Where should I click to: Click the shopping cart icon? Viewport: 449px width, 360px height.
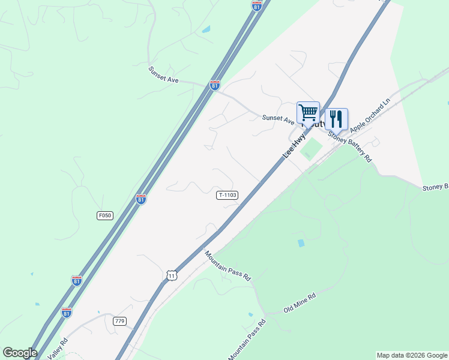[308, 112]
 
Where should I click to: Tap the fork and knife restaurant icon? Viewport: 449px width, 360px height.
[336, 118]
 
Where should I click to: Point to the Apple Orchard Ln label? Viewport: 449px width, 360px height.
[370, 115]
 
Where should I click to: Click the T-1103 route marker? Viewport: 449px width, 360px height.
[228, 195]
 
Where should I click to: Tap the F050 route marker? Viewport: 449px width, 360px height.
[104, 215]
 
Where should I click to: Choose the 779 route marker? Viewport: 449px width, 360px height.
[119, 321]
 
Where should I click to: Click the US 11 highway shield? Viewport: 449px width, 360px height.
[172, 275]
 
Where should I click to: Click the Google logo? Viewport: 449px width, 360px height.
[20, 353]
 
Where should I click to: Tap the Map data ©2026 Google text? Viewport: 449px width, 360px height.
[412, 355]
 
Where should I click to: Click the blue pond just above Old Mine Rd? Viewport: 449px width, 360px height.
[301, 243]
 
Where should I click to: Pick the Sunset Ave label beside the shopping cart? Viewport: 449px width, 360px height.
[278, 118]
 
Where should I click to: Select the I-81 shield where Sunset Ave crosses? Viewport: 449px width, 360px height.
[215, 85]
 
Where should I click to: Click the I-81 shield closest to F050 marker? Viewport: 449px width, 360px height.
[140, 199]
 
